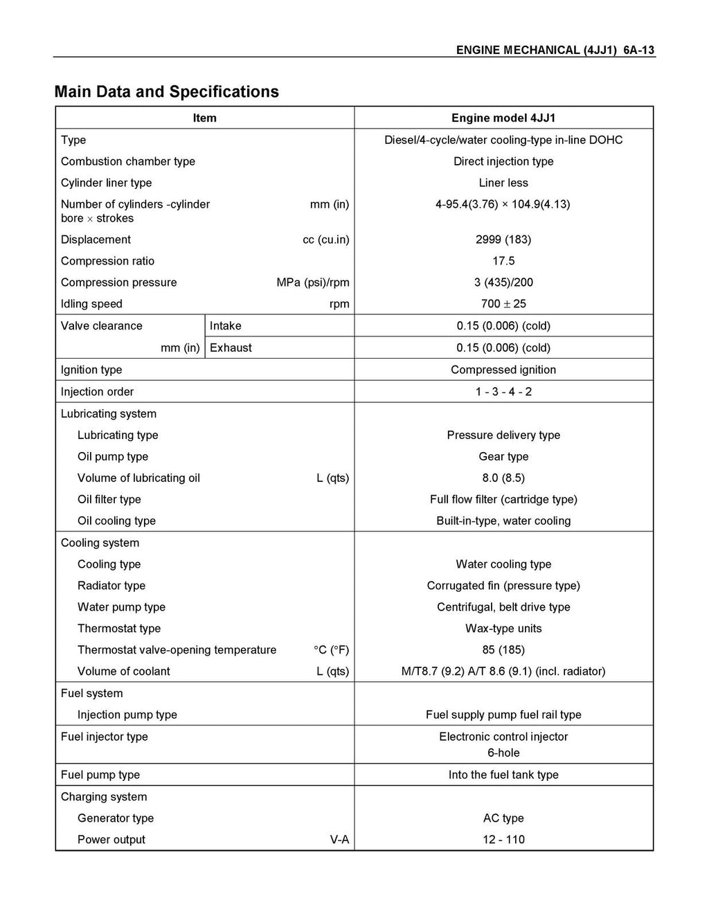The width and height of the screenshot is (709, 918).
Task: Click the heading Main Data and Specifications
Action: [166, 92]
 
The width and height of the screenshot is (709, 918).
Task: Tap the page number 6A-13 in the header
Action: [638, 50]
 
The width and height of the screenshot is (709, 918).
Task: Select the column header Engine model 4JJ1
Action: [503, 118]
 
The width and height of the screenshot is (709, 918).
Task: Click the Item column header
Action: [204, 118]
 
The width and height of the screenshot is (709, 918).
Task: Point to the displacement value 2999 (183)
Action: [503, 240]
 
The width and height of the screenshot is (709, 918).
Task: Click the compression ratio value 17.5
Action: [503, 261]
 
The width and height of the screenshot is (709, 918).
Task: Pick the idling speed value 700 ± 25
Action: [503, 304]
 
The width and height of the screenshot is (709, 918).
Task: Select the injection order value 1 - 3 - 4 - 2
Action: [503, 392]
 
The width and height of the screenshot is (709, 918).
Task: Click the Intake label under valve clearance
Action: [226, 326]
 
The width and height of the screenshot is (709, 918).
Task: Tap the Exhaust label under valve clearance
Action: [231, 348]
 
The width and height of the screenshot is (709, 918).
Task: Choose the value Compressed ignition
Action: [503, 370]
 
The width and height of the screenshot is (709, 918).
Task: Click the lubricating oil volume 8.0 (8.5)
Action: [503, 478]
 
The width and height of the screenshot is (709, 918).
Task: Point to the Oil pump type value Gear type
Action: [503, 457]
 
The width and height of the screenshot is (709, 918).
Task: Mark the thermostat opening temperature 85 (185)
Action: [503, 650]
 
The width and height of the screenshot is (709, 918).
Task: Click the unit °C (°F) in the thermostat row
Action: [331, 650]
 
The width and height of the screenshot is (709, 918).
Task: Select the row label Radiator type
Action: [111, 586]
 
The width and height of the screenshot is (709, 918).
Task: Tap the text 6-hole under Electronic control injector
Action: [503, 753]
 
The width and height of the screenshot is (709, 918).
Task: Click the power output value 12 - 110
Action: [503, 840]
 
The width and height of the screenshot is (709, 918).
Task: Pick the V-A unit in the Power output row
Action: [339, 840]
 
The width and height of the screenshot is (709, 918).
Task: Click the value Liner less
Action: [503, 183]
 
